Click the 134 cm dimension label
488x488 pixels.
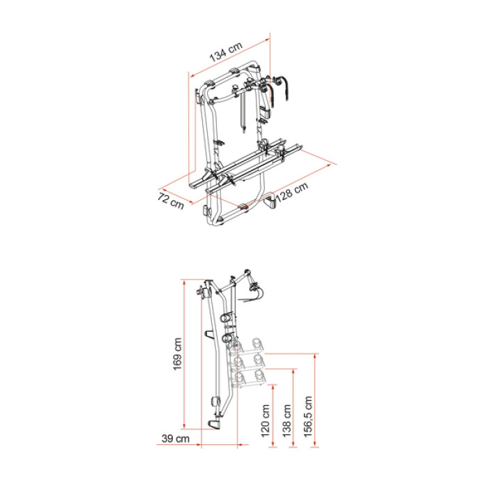[x=226, y=52]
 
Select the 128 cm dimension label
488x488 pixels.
[x=292, y=192]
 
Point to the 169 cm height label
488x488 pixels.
[x=177, y=354]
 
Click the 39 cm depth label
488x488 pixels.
[x=176, y=439]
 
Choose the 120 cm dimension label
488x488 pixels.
[x=265, y=420]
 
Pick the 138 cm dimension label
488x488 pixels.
[x=287, y=420]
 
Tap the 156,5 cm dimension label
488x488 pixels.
[x=307, y=416]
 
